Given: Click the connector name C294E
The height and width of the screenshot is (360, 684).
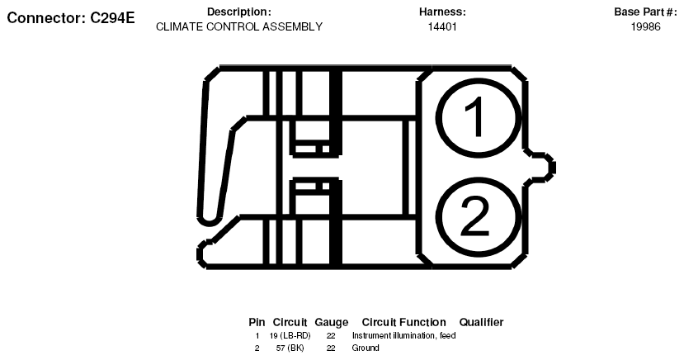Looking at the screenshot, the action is point(112,18).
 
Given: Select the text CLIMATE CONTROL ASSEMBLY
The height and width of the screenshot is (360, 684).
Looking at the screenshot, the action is point(239,26).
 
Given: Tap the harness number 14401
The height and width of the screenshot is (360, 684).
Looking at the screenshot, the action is point(442,26).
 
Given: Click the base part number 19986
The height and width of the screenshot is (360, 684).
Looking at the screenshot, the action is point(645,26).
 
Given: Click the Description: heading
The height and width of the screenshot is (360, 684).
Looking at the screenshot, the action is point(239,12).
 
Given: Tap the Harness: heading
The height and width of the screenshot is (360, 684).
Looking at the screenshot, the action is point(442,12).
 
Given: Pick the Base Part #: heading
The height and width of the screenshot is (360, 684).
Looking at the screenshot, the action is point(645,12).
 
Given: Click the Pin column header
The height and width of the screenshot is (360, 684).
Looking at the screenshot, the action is point(257,323).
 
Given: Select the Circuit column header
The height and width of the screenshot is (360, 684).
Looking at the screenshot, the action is point(290,323).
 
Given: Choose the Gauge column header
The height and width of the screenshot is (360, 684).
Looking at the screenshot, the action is point(332,323).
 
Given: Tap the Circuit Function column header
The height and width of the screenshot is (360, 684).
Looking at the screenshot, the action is point(404,323).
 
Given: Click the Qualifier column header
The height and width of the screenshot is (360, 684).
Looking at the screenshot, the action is point(481,323).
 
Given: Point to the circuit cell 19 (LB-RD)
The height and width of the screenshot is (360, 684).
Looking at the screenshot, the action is point(290,335).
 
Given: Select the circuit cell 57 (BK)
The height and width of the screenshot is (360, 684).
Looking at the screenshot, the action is point(290,348).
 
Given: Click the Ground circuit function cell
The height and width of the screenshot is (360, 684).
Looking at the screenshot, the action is point(366,348).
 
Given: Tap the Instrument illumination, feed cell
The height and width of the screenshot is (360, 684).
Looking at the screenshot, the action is point(404,335).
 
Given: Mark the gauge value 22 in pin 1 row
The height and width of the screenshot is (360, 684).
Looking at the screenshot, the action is point(331,335).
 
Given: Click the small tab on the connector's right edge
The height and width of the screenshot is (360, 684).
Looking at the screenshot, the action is point(542,168).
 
